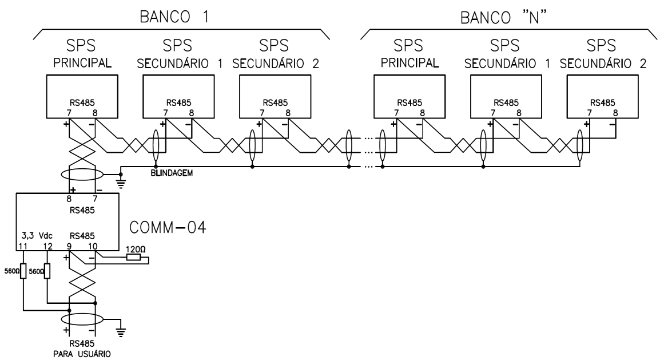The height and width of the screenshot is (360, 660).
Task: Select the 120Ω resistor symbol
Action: click(133, 257)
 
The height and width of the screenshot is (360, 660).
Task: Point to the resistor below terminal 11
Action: click(23, 270)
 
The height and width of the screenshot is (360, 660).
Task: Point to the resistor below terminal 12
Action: click(47, 270)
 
